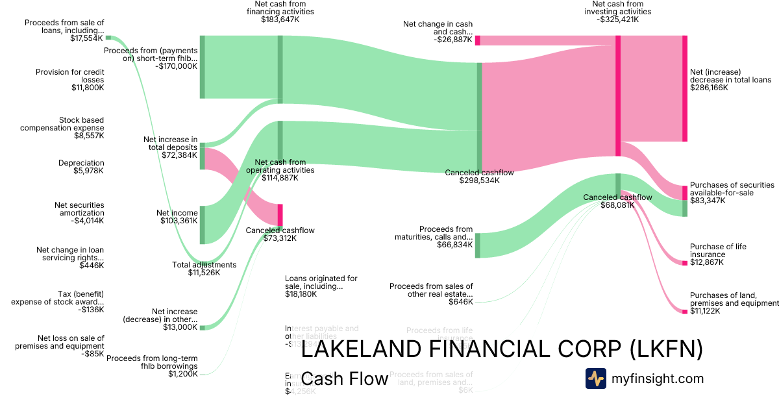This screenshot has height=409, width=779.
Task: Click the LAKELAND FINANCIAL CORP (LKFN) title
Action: [x=502, y=350]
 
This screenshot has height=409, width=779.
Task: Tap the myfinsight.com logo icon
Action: [x=595, y=378]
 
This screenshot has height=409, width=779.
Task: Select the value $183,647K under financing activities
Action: [x=280, y=20]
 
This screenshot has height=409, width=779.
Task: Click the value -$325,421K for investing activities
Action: [x=617, y=20]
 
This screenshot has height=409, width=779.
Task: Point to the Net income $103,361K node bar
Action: [x=203, y=225]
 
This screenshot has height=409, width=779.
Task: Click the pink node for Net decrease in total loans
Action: [x=684, y=88]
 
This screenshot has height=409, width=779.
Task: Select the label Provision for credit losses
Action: [x=69, y=80]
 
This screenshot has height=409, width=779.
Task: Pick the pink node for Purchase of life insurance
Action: [x=684, y=263]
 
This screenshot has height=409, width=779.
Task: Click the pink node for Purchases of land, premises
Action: [x=684, y=312]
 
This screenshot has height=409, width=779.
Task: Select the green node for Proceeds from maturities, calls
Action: [x=478, y=245]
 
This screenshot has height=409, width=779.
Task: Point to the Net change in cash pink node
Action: [x=478, y=40]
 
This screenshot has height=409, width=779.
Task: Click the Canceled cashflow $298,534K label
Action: [x=479, y=177]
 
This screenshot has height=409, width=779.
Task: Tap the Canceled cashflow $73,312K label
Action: [x=280, y=234]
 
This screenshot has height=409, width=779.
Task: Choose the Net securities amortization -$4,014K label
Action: [x=79, y=213]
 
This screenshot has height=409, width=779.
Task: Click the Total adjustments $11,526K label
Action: [x=204, y=269]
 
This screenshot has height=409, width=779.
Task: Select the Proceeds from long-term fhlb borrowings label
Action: [x=152, y=366]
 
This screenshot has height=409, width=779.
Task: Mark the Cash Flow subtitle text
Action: [x=345, y=378]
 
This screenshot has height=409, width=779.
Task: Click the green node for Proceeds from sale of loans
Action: [x=108, y=38]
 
